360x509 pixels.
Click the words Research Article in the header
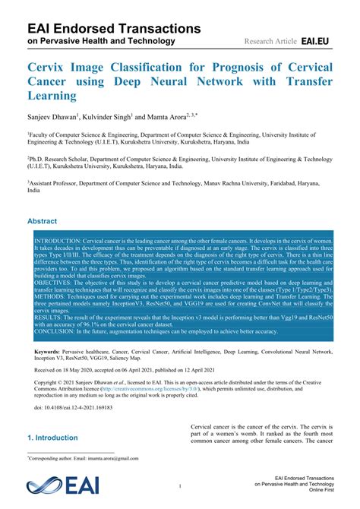270,40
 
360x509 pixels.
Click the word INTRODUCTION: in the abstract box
57,239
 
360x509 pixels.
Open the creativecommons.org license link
147,389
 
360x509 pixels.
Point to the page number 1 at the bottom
180,485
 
